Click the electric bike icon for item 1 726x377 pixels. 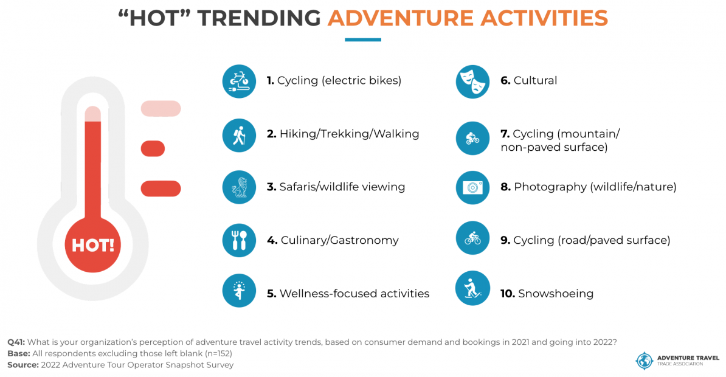pos(239,81)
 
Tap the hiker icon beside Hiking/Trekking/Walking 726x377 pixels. pos(239,134)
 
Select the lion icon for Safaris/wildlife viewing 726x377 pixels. pos(239,187)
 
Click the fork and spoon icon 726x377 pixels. pos(239,241)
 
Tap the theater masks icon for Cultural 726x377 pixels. pos(472,81)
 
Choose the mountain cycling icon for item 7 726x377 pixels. pos(472,138)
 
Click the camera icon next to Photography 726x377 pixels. pos(472,187)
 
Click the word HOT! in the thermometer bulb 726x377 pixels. pos(93,246)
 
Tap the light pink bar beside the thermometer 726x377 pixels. pos(161,109)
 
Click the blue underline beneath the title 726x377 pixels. pos(362,40)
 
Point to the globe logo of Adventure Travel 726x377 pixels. pos(644,359)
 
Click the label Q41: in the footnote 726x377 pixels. pos(16,342)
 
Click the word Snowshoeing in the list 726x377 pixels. pos(555,294)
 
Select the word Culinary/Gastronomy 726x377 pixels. pos(339,241)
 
